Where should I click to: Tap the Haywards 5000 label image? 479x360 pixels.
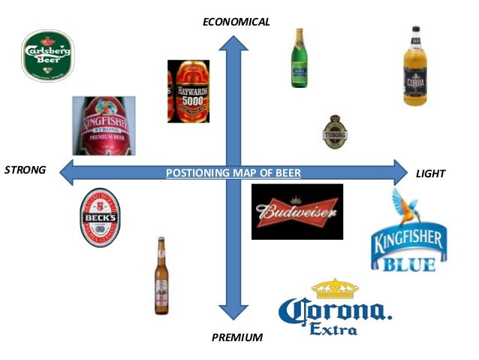point(188,91)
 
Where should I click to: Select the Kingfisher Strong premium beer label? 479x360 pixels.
point(103,126)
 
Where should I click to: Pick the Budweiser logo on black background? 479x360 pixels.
point(297,212)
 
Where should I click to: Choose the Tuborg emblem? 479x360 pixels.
point(333,132)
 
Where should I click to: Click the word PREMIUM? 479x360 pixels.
point(237,337)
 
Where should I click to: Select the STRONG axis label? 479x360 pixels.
point(25,170)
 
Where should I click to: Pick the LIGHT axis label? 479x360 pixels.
point(431,174)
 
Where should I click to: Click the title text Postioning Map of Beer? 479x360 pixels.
point(233,173)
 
